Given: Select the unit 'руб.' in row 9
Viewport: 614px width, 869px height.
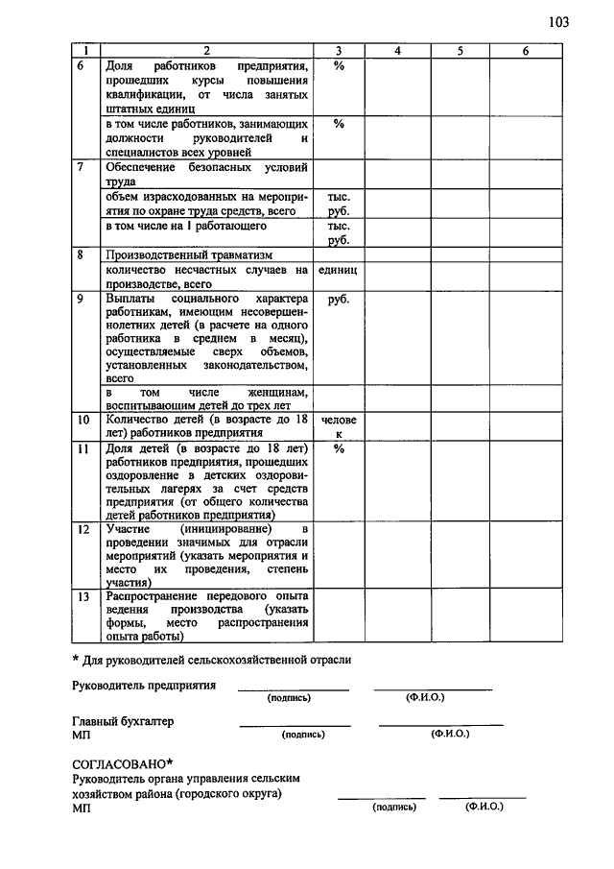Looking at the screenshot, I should click(x=338, y=299).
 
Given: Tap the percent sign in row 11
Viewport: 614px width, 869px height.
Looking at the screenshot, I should click(x=338, y=448).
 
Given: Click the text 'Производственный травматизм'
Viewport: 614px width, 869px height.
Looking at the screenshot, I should click(x=189, y=255).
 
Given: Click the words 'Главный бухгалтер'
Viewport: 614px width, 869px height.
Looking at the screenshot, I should click(x=123, y=720).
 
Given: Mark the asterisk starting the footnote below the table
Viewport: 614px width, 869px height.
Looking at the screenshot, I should click(x=77, y=660).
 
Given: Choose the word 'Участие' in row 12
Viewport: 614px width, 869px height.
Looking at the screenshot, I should click(x=128, y=529).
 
